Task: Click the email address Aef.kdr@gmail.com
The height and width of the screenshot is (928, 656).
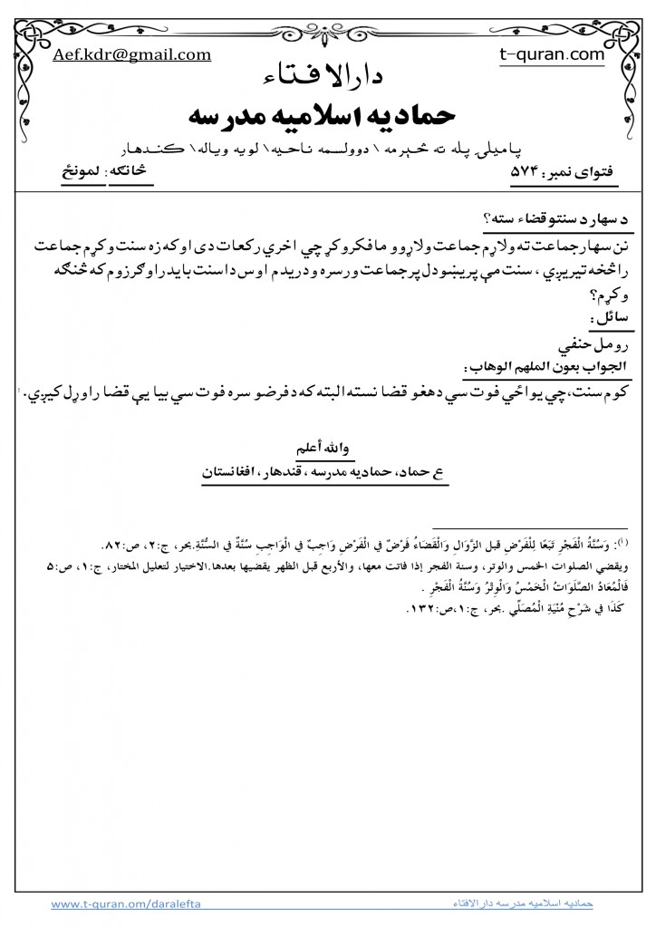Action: tap(132, 54)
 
